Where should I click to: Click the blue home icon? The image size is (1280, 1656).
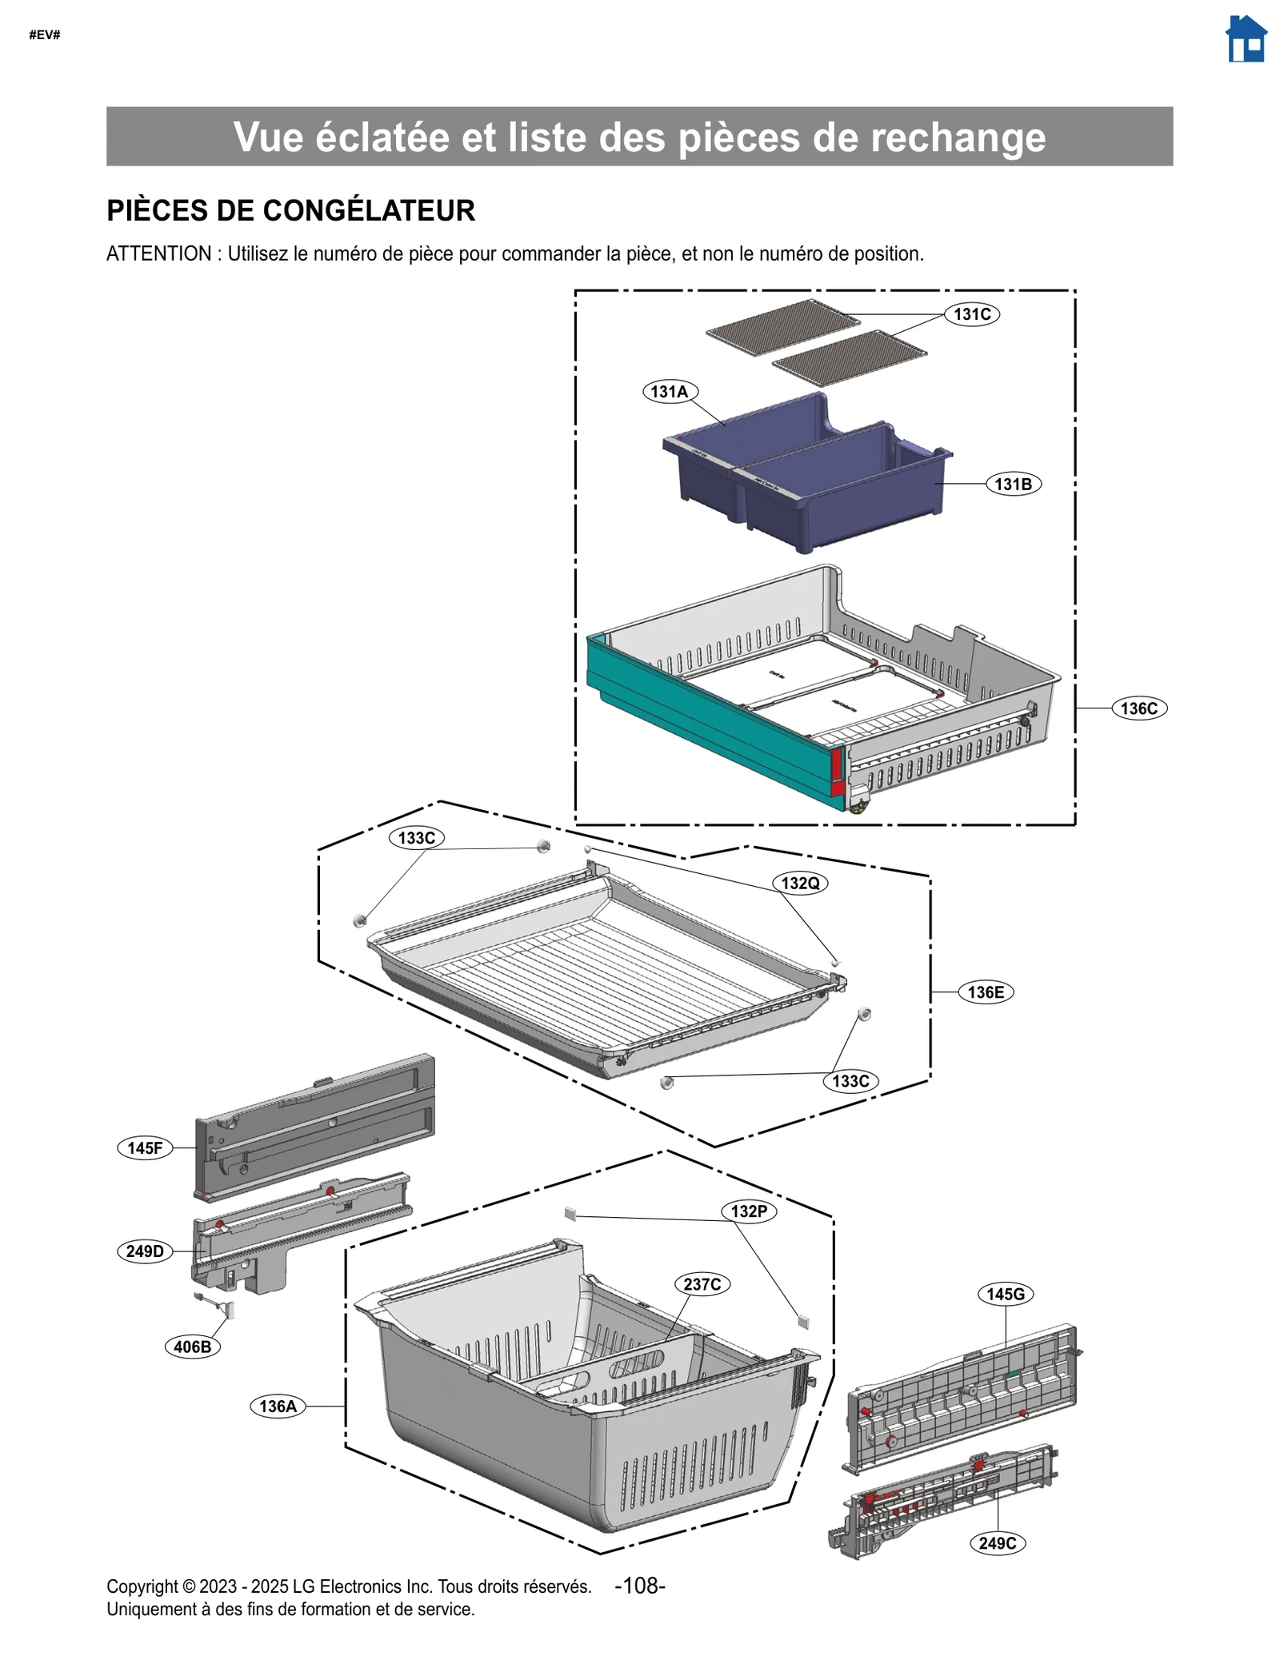(1246, 40)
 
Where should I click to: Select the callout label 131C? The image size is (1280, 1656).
(972, 314)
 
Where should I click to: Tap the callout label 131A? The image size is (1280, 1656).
(670, 392)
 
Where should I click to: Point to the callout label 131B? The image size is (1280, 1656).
(1013, 484)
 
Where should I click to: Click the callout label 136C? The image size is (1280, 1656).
(1138, 708)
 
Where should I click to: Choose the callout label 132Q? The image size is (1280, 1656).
(800, 883)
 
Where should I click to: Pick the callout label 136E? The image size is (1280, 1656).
(986, 992)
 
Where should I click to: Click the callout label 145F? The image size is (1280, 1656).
(145, 1148)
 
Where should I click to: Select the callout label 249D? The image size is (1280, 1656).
(145, 1251)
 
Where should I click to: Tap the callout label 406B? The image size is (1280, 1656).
(192, 1347)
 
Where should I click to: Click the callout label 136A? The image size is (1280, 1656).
(278, 1407)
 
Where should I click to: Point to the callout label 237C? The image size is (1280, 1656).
(702, 1284)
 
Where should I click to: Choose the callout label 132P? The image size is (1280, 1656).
(749, 1211)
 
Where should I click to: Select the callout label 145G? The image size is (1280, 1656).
(1006, 1294)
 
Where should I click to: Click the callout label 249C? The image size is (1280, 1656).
(997, 1543)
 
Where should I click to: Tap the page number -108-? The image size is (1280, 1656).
(639, 1586)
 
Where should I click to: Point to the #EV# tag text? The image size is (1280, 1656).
(45, 35)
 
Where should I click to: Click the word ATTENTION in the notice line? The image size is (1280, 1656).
(158, 254)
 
